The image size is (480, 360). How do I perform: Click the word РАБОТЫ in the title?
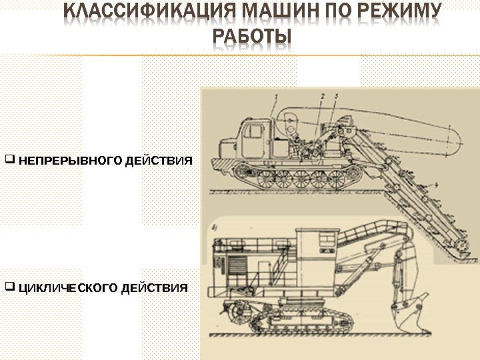point(253,39)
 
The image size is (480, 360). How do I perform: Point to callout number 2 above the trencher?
point(322,97)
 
